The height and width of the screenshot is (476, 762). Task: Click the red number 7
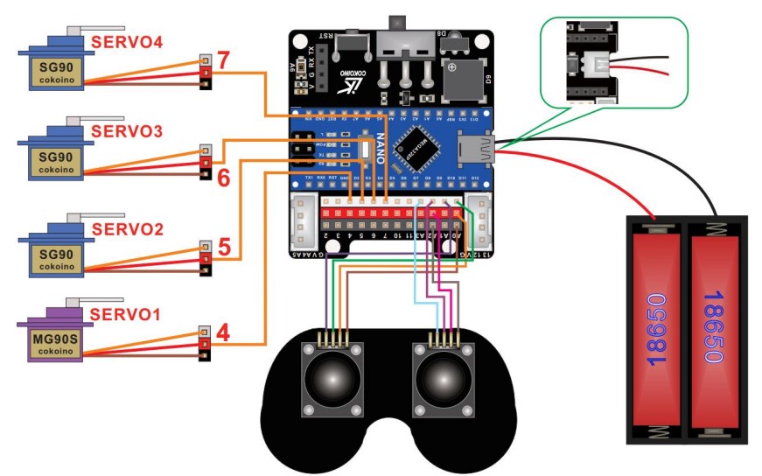click(x=224, y=61)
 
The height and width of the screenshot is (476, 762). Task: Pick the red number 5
click(x=224, y=248)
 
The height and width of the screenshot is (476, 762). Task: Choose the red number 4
click(x=224, y=333)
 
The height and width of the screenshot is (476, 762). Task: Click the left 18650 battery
click(x=655, y=328)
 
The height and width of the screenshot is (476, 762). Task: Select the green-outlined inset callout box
click(x=614, y=61)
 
